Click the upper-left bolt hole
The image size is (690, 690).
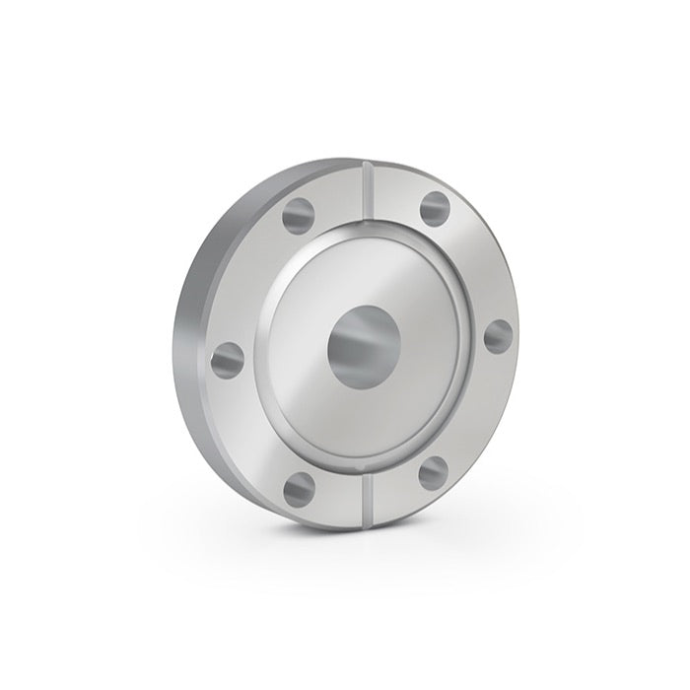pos(296,212)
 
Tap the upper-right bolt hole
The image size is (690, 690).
pos(435,208)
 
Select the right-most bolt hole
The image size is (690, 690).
pos(499,336)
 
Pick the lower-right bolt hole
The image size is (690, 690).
pos(434,472)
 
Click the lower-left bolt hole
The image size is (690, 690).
pos(299,487)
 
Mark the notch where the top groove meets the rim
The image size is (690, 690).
pos(366,164)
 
